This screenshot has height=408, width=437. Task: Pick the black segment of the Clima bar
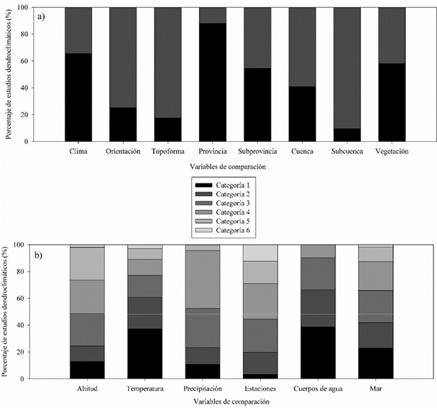click(x=78, y=97)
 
